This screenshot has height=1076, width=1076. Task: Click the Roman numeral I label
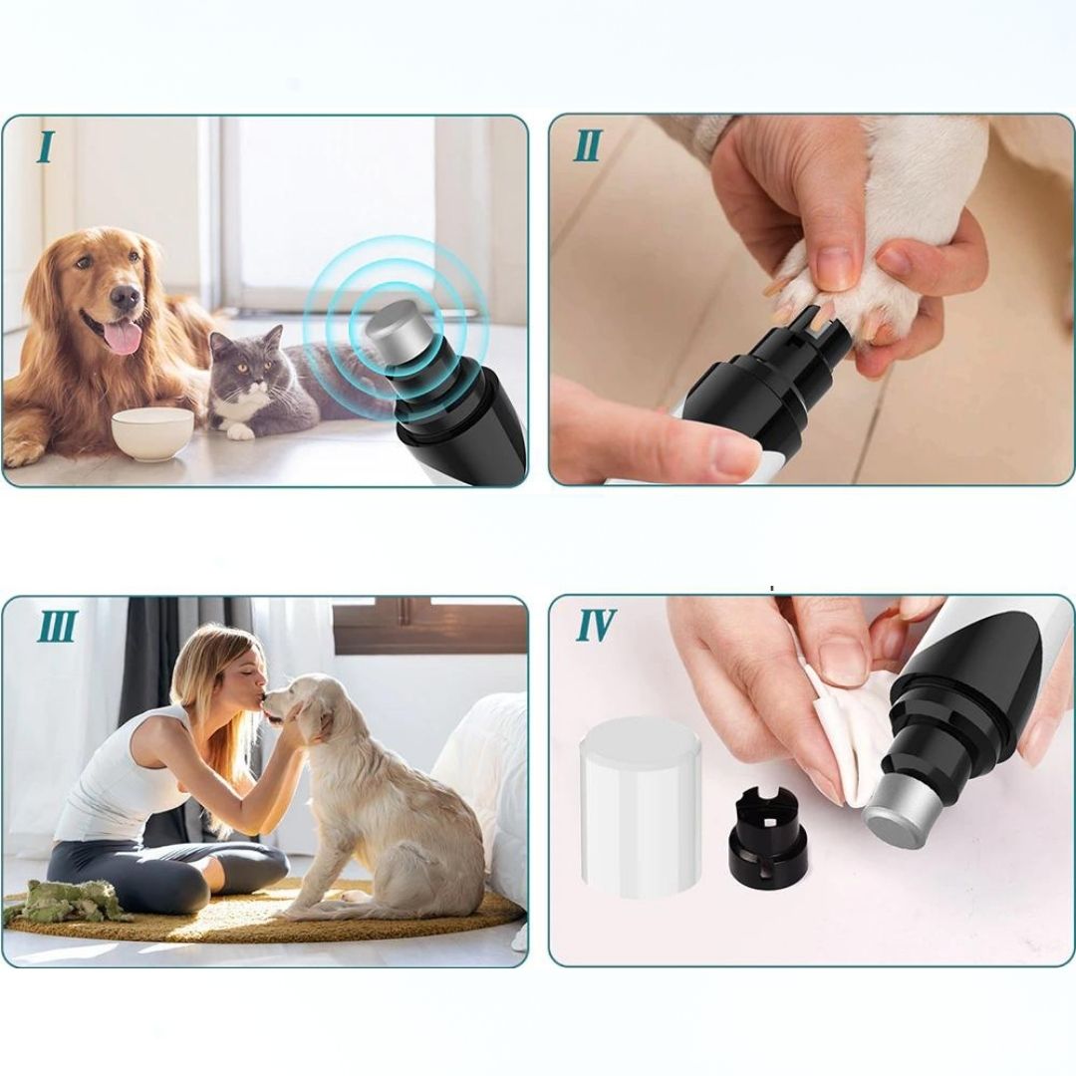pyautogui.click(x=46, y=146)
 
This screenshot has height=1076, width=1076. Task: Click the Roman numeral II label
pyautogui.click(x=588, y=145)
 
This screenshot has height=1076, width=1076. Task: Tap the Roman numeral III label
pyautogui.click(x=57, y=626)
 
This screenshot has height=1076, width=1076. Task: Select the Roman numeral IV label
pyautogui.click(x=595, y=625)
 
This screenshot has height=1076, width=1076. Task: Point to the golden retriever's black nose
pyautogui.click(x=125, y=296)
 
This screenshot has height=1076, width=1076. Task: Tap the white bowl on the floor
pyautogui.click(x=152, y=433)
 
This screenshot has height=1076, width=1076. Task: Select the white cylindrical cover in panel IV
pyautogui.click(x=640, y=807)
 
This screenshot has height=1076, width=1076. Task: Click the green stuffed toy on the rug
pyautogui.click(x=69, y=901)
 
